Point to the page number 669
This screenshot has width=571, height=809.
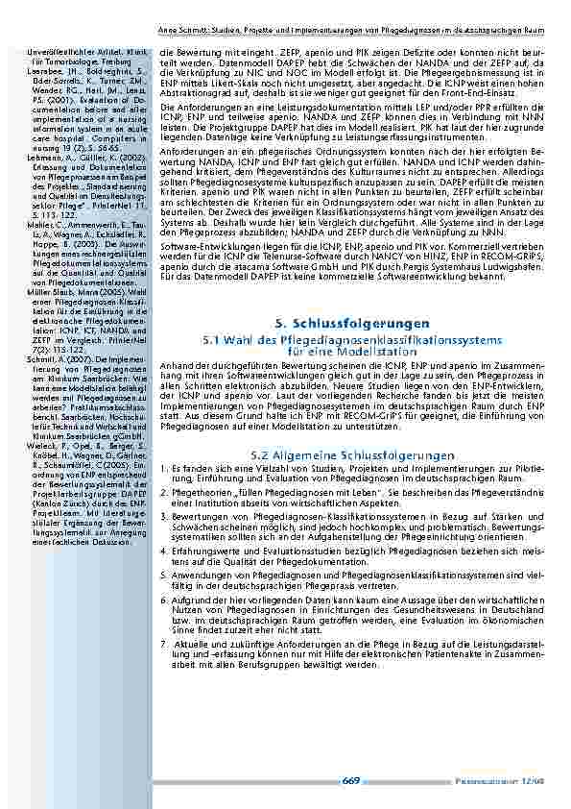[x=351, y=781]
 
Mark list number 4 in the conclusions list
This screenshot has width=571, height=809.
[x=162, y=552]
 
